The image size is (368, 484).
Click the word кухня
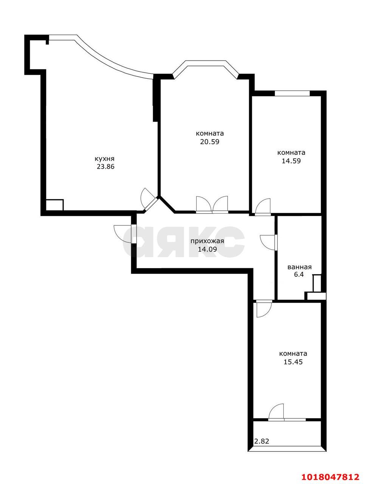(x=104, y=159)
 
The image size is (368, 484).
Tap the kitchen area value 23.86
(x=106, y=167)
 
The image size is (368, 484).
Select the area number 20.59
(x=210, y=142)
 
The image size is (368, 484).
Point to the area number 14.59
(x=291, y=161)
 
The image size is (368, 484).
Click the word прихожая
(x=207, y=241)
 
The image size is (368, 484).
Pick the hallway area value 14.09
(x=207, y=250)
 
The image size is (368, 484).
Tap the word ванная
(x=300, y=267)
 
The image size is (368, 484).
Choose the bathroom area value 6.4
(x=299, y=275)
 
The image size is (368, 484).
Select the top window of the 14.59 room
(x=292, y=93)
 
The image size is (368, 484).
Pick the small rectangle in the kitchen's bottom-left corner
(x=55, y=205)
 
